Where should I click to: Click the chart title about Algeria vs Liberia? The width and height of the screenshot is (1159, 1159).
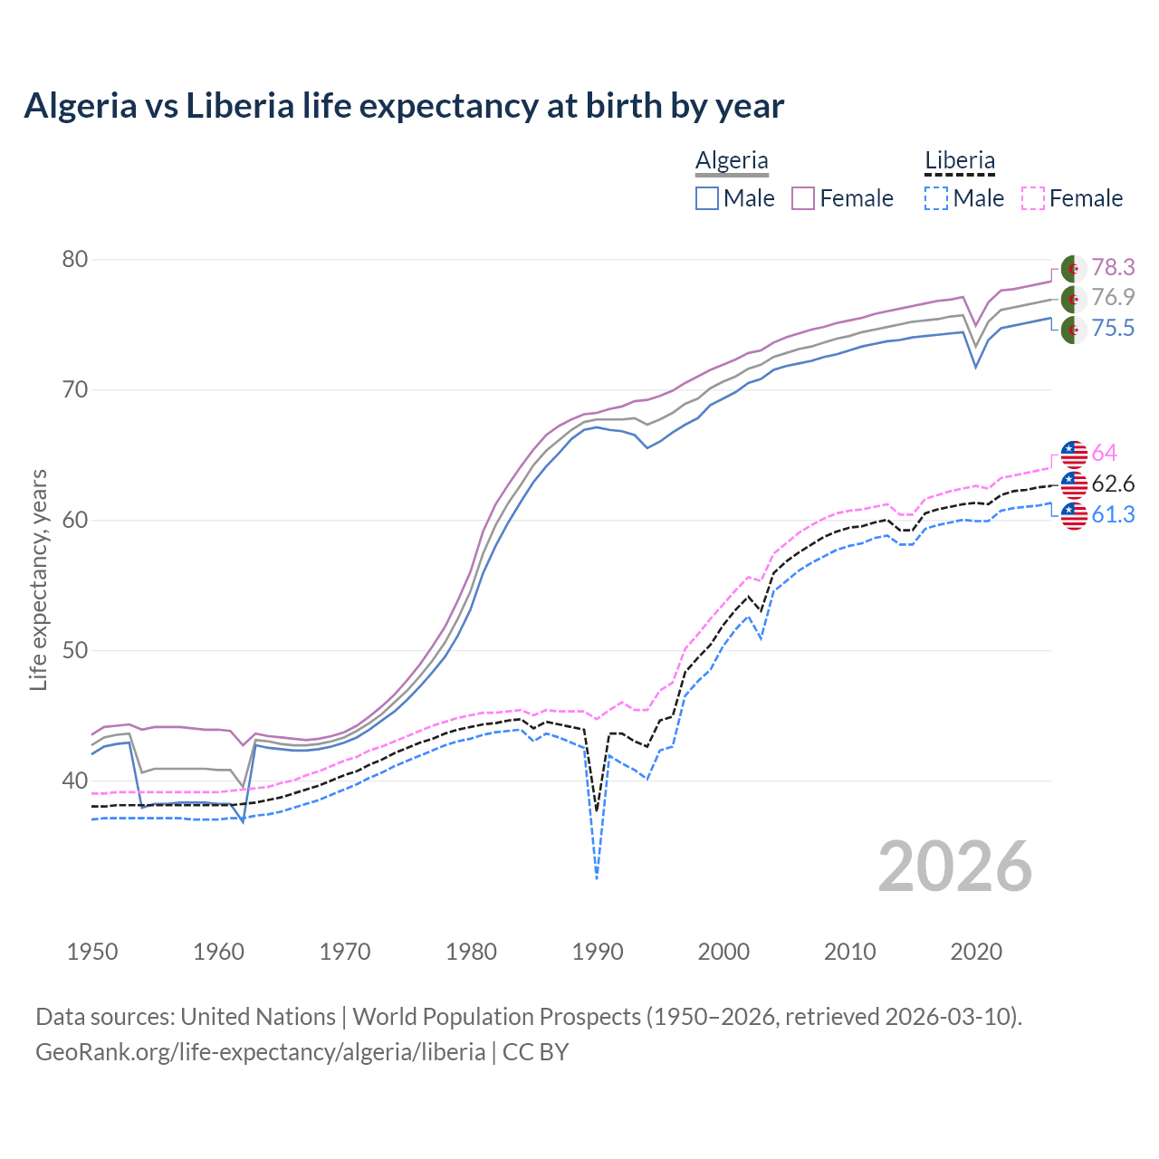click(x=404, y=106)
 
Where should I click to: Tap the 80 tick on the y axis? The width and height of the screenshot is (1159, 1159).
click(x=75, y=260)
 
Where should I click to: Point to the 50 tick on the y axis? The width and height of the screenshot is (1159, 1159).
click(x=75, y=651)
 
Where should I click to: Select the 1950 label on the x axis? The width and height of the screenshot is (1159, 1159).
click(x=92, y=952)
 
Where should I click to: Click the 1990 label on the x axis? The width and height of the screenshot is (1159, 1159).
click(x=598, y=952)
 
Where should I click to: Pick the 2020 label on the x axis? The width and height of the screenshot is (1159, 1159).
click(x=976, y=952)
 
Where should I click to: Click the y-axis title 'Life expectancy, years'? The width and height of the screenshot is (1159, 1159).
click(x=38, y=579)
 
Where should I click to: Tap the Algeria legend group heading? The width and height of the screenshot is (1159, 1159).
click(x=732, y=161)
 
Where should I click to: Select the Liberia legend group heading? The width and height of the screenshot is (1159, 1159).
click(x=960, y=161)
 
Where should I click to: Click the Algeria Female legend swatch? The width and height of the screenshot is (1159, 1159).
click(x=803, y=198)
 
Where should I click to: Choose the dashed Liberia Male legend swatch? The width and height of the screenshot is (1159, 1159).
click(x=936, y=198)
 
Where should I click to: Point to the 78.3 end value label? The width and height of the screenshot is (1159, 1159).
click(x=1113, y=267)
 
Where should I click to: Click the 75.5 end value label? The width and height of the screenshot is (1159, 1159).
click(x=1113, y=328)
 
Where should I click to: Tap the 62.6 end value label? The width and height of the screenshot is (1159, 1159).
click(x=1113, y=484)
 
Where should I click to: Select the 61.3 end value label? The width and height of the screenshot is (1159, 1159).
click(x=1113, y=514)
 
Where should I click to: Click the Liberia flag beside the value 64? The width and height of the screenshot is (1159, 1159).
click(x=1074, y=454)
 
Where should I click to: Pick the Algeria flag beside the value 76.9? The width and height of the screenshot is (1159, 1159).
click(x=1074, y=298)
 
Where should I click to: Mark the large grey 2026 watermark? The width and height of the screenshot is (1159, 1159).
click(x=955, y=867)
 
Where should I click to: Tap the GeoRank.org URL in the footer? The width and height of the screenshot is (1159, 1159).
click(x=260, y=1052)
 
